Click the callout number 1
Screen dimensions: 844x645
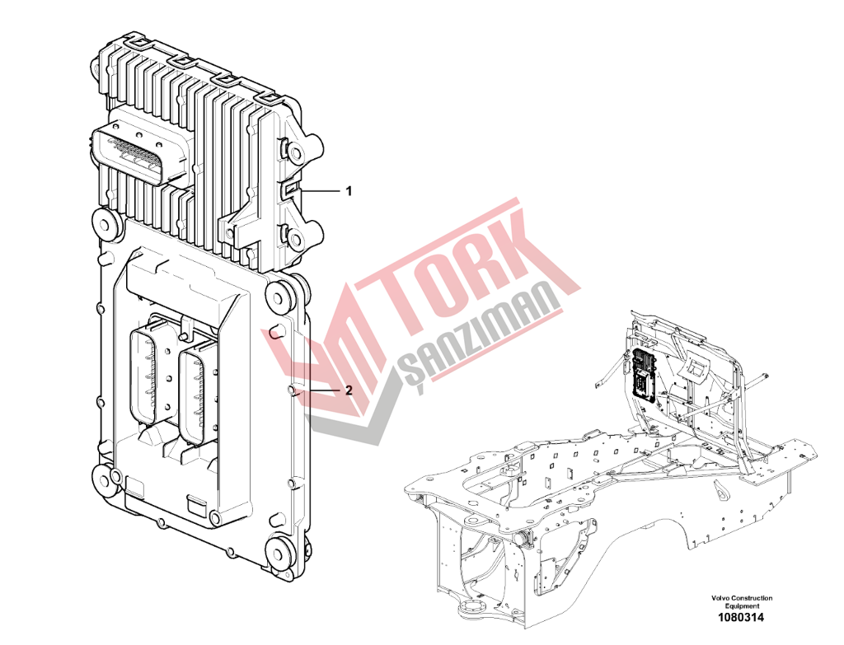pyautogui.click(x=349, y=191)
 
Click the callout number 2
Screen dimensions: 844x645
pyautogui.click(x=349, y=390)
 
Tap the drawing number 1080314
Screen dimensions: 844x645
pyautogui.click(x=741, y=618)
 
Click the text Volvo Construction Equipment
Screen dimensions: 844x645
pyautogui.click(x=741, y=601)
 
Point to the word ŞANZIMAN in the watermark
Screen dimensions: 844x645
pyautogui.click(x=479, y=336)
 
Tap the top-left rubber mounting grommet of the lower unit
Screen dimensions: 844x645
pyautogui.click(x=106, y=223)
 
